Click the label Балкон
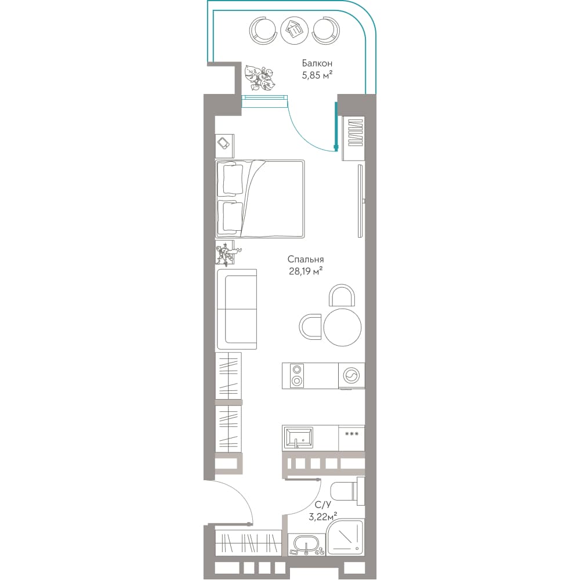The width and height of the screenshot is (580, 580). tap(317, 63)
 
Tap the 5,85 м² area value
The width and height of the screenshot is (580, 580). tap(317, 75)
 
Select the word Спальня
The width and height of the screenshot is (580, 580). tap(306, 259)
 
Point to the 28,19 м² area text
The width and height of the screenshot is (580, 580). tap(306, 271)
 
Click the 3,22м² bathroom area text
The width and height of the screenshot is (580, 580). tap(322, 516)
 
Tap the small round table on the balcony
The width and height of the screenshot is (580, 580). tap(295, 31)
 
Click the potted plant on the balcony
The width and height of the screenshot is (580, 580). tap(260, 78)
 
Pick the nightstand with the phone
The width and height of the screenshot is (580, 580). tap(224, 146)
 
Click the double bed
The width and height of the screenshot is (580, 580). tap(260, 198)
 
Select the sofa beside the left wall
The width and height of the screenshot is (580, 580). tap(237, 309)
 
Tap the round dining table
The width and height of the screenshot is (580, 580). tap(343, 327)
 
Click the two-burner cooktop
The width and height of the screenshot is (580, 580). tap(296, 375)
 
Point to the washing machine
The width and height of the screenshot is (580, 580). tap(351, 376)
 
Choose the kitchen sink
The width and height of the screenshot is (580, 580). tap(298, 437)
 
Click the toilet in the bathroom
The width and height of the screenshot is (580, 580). tap(347, 492)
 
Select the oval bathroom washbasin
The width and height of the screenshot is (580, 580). tap(306, 544)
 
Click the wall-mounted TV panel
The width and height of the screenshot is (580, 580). tap(360, 201)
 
